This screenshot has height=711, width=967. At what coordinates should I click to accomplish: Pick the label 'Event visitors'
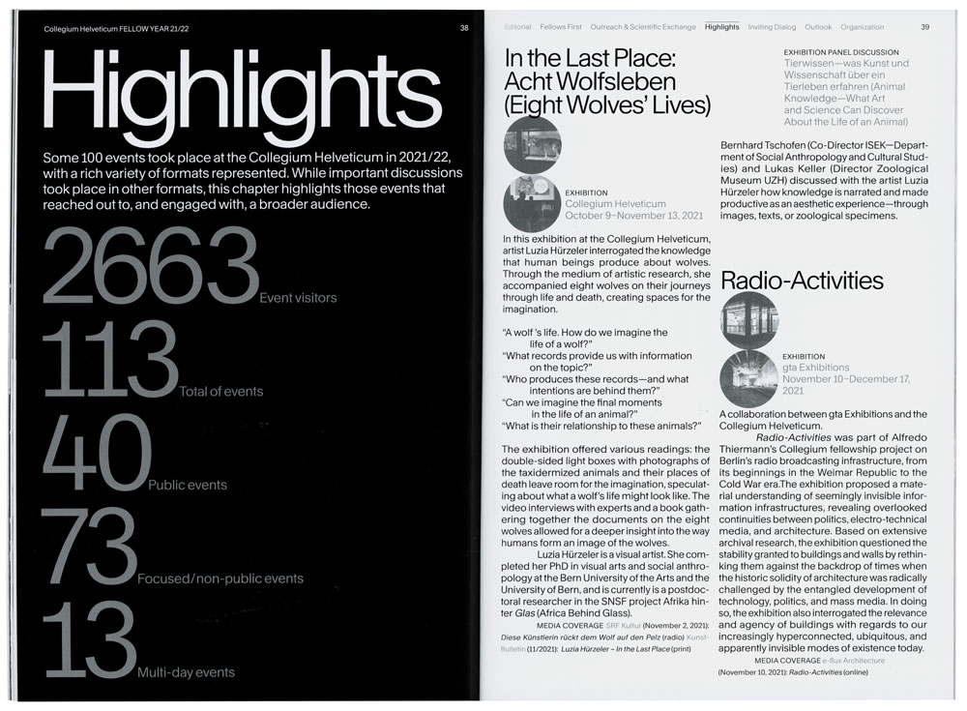298,298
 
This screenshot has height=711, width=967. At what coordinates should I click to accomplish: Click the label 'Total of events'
221,392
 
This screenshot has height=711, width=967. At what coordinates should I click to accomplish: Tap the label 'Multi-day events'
185,671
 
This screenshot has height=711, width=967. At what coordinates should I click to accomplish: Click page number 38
464,27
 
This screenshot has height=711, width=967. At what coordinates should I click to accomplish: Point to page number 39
924,27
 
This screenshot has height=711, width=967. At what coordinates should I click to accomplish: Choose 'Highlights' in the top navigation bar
721,27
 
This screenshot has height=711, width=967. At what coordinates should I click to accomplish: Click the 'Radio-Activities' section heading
802,281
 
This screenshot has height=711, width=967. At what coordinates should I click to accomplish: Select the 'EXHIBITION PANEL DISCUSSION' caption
840,51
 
